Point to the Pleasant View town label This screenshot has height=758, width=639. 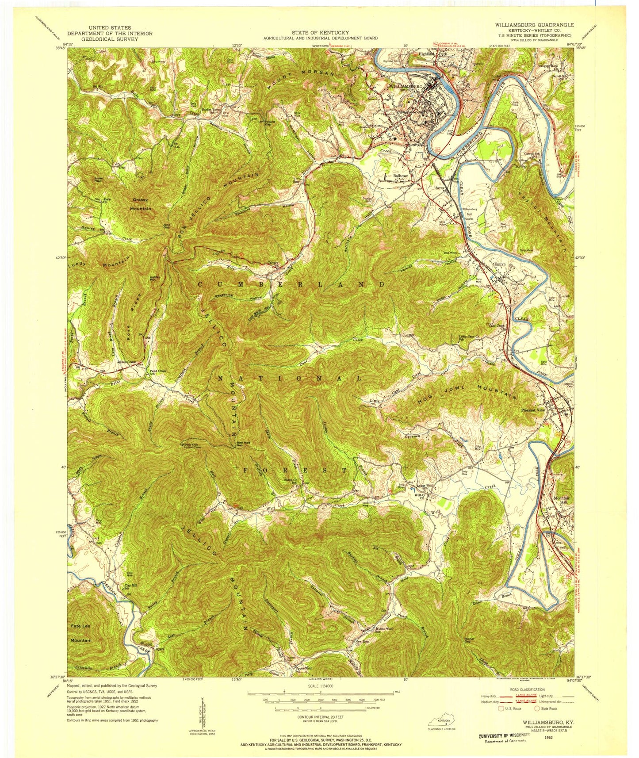pos(534,410)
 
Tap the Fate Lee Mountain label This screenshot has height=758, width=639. pos(81,633)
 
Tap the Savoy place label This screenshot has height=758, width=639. pos(439,188)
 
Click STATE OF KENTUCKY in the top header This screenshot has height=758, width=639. pos(320,32)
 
